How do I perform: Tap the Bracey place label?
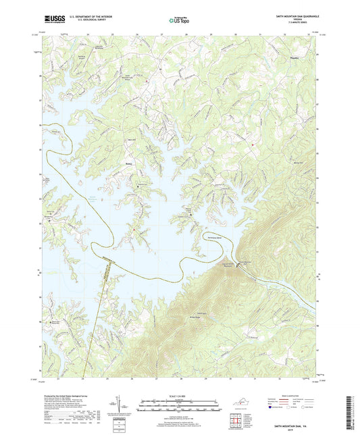[129, 162]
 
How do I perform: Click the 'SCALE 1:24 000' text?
[180, 396]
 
